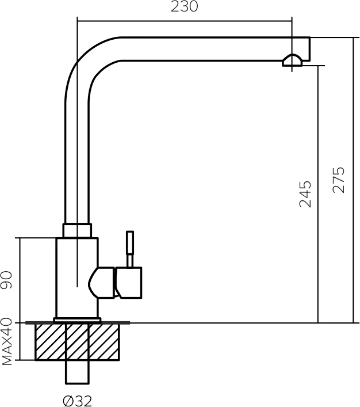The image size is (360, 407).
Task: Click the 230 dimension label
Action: click(x=184, y=6)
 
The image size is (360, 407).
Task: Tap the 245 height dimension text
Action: click(x=305, y=195)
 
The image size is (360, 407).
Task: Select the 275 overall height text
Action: click(x=339, y=180)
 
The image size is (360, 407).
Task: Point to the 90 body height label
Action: click(x=6, y=280)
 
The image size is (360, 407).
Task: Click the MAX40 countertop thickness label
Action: click(x=7, y=342)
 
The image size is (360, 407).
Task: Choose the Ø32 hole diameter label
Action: click(x=78, y=401)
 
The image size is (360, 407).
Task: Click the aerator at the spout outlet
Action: click(x=292, y=60)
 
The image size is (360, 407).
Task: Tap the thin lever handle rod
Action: click(x=130, y=249)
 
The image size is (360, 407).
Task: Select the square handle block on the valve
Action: click(x=128, y=283)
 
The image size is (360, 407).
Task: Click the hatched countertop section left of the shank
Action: click(x=50, y=342)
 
